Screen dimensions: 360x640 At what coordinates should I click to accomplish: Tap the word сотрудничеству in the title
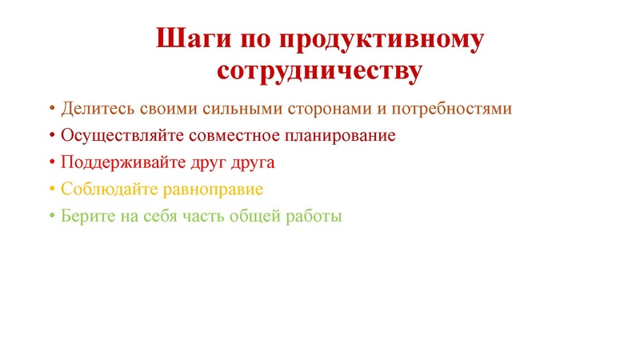pyautogui.click(x=319, y=70)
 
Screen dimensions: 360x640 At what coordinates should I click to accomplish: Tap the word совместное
pyautogui.click(x=223, y=136)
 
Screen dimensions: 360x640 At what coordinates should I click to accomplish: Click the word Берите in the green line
pyautogui.click(x=83, y=217)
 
